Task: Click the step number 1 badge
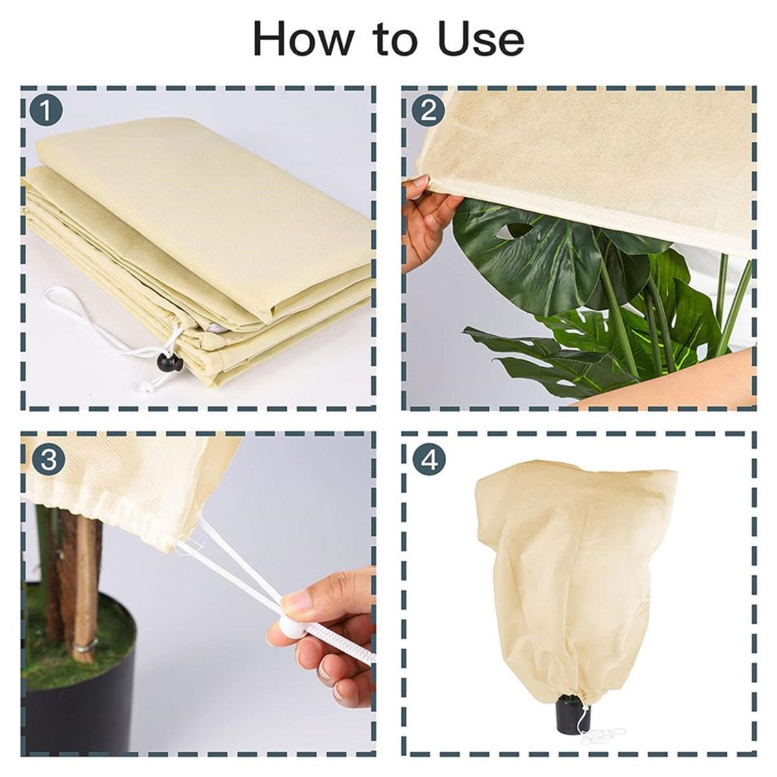47,110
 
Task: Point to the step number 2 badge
427,110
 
